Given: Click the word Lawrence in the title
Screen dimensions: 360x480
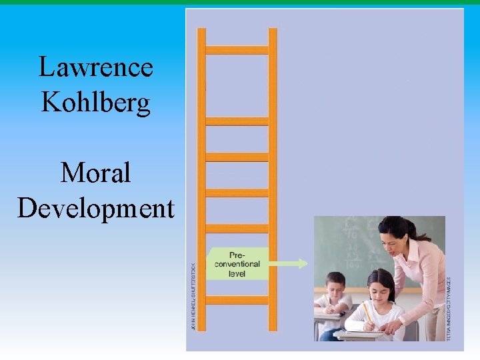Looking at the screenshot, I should [x=95, y=67].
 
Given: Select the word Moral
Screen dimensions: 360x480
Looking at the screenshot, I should [x=95, y=173].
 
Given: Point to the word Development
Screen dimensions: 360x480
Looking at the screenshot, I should [x=95, y=208].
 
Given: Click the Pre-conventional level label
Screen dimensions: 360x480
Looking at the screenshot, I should [x=237, y=264].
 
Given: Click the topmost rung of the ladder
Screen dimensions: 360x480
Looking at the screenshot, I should [x=237, y=50].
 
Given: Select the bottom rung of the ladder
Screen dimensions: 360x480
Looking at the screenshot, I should [x=237, y=300].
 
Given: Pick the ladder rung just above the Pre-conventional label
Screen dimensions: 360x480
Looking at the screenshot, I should [x=237, y=228].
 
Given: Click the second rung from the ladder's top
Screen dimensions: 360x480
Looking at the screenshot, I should [x=237, y=121].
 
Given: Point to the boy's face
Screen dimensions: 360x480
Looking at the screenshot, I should [x=337, y=287].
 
